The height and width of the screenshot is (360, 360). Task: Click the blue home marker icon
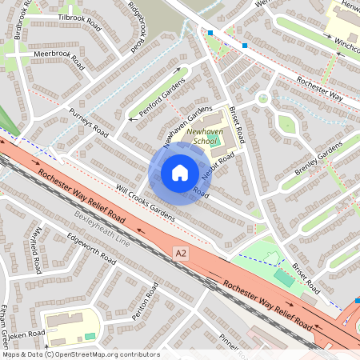pyautogui.click(x=180, y=172)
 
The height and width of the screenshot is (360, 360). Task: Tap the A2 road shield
pyautogui.click(x=182, y=254)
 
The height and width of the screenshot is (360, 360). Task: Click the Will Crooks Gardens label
pyautogui.click(x=144, y=202)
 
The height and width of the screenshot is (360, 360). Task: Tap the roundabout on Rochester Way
pyautogui.click(x=263, y=99)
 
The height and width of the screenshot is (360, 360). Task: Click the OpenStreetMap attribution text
pyautogui.click(x=80, y=354)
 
